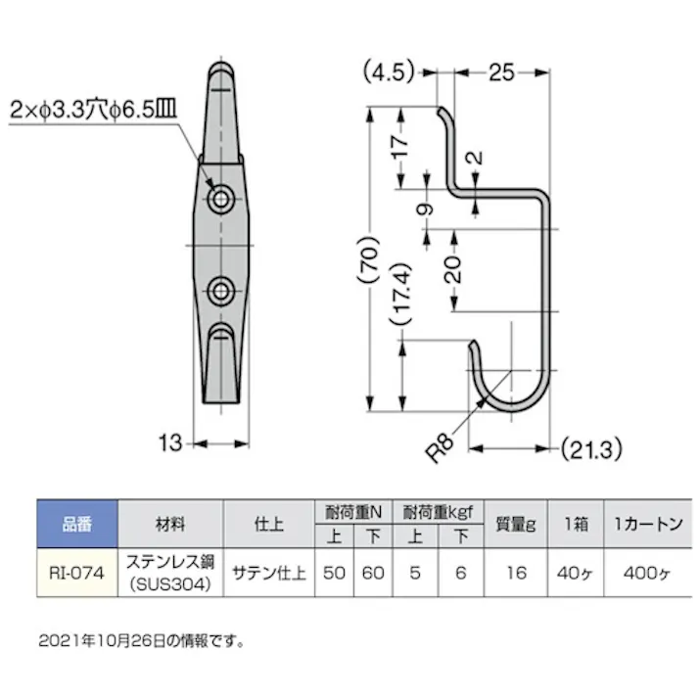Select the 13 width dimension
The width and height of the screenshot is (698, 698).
(170, 443)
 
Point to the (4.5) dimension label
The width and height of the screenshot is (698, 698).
(389, 71)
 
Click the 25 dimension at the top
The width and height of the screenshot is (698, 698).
(501, 71)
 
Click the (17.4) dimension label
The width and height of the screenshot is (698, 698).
(397, 293)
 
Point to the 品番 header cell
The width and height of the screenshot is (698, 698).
(76, 524)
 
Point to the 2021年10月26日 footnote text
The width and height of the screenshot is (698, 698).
(141, 642)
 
